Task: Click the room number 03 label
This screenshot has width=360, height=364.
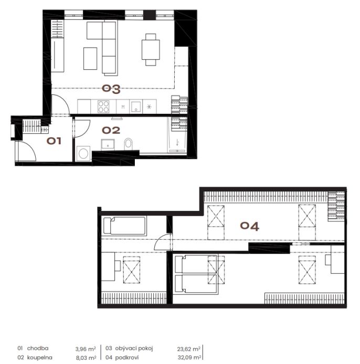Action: tap(111, 89)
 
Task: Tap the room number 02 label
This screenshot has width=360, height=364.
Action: tap(111, 130)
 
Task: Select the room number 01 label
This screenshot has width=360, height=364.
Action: tap(54, 141)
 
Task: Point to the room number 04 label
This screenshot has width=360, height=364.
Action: tap(249, 226)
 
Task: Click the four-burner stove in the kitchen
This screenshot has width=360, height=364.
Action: tap(103, 106)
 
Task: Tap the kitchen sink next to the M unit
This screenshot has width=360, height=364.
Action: tap(136, 106)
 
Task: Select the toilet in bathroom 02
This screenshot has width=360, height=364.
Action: tap(128, 144)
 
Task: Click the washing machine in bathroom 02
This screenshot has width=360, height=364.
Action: tap(83, 153)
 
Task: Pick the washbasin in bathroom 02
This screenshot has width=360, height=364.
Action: tap(108, 145)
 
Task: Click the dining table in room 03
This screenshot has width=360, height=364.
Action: tap(151, 50)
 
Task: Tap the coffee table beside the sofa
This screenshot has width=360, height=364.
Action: tap(90, 59)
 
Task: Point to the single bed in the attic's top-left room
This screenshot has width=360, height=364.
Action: tap(125, 226)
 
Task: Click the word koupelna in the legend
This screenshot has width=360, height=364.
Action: tap(39, 358)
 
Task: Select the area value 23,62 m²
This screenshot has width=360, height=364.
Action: tap(188, 349)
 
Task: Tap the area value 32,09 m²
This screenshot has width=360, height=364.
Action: tap(189, 358)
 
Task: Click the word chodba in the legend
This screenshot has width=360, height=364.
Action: tap(38, 348)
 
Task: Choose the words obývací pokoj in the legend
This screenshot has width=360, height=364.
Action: tap(134, 349)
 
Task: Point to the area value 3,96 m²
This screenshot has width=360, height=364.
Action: tap(86, 349)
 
